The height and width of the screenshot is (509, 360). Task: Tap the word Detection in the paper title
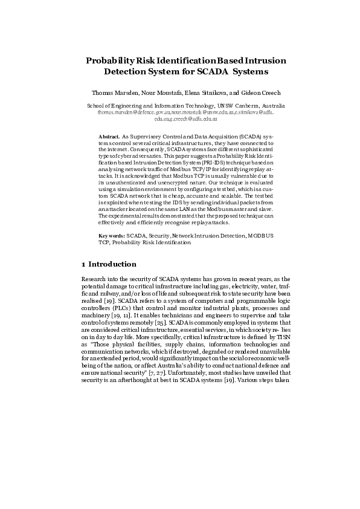point(128,71)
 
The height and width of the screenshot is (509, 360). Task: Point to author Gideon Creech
point(260,93)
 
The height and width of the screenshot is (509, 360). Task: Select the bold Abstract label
point(109,137)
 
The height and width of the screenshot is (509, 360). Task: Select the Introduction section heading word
point(112,264)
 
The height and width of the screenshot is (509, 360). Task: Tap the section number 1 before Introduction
point(83,264)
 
